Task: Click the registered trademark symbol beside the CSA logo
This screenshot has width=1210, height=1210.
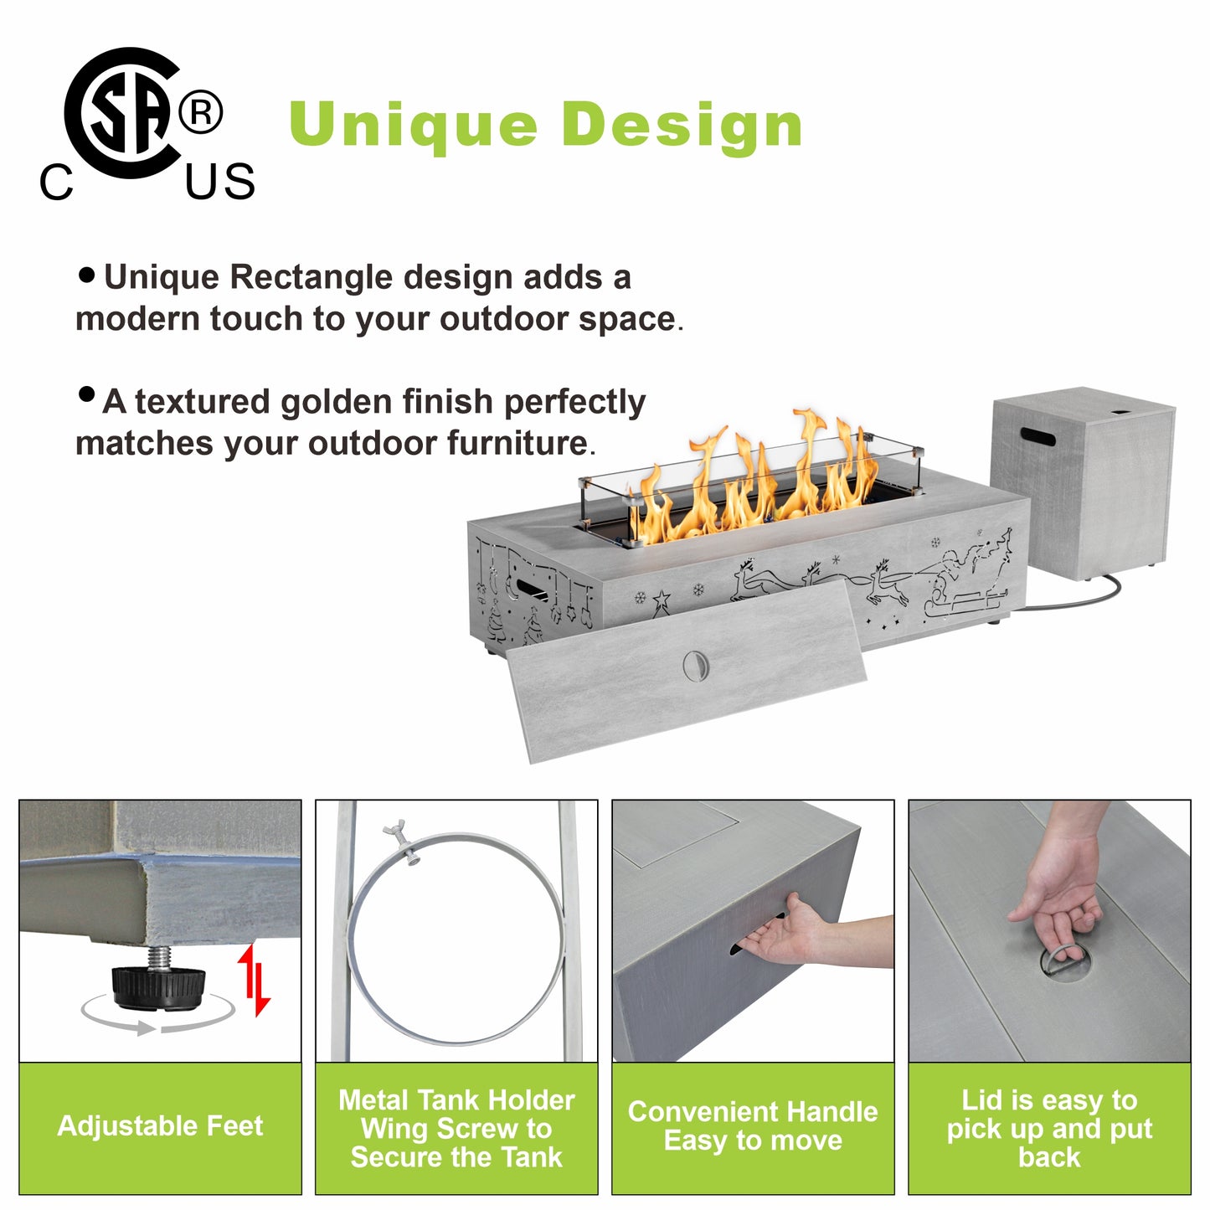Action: pos(200,112)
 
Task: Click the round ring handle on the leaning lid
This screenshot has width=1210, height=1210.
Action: pos(695,664)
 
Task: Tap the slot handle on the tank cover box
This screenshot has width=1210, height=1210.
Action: pos(1038,436)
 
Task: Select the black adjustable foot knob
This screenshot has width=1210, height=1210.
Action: pos(158,988)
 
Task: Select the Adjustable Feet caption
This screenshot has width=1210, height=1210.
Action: pos(160,1125)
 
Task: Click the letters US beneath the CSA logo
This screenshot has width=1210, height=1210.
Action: pos(219,182)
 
